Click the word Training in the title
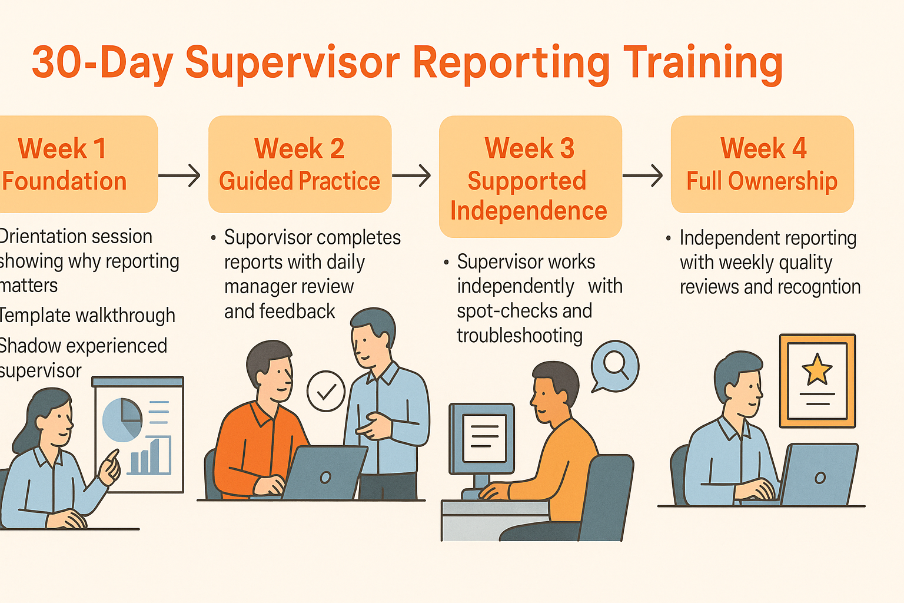click(x=703, y=64)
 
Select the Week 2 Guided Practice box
click(x=300, y=164)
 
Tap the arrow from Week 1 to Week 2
click(x=180, y=175)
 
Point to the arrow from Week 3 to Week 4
click(x=643, y=175)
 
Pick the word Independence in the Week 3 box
click(x=529, y=211)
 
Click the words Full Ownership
click(x=762, y=181)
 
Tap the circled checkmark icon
click(x=326, y=391)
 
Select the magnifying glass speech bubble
click(x=615, y=366)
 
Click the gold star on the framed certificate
click(x=817, y=370)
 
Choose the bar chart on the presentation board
click(x=150, y=456)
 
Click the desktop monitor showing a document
click(x=482, y=439)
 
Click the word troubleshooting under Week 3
click(x=520, y=336)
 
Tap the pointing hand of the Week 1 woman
click(x=109, y=467)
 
